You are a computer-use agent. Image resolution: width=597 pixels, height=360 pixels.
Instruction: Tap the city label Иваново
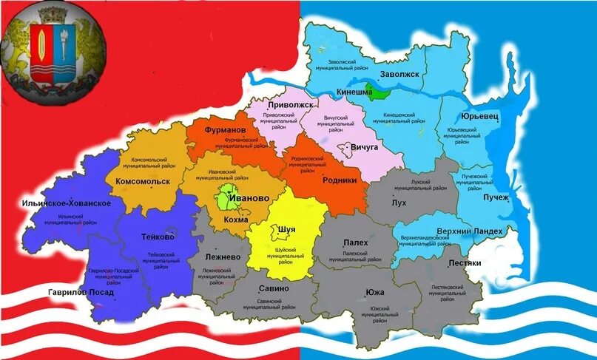pyautogui.click(x=249, y=199)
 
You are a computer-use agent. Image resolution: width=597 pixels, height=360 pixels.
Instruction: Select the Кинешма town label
pyautogui.click(x=354, y=92)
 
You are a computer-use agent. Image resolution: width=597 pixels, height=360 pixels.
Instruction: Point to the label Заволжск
pyautogui.click(x=399, y=75)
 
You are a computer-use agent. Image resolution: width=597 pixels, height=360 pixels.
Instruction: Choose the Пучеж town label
pyautogui.click(x=496, y=197)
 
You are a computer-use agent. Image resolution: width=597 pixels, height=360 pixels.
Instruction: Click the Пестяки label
pyautogui.click(x=465, y=263)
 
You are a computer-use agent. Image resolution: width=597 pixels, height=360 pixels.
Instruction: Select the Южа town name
pyautogui.click(x=374, y=292)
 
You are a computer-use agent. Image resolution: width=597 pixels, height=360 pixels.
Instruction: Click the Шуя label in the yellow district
pyautogui.click(x=286, y=230)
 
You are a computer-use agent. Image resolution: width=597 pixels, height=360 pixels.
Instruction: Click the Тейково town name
pyautogui.click(x=157, y=237)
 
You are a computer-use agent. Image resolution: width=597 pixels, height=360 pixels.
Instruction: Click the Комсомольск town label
pyautogui.click(x=143, y=181)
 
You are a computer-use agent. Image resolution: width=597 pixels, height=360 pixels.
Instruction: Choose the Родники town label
pyautogui.click(x=340, y=180)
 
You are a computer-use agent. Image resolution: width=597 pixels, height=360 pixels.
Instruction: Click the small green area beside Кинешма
pyautogui.click(x=380, y=92)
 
